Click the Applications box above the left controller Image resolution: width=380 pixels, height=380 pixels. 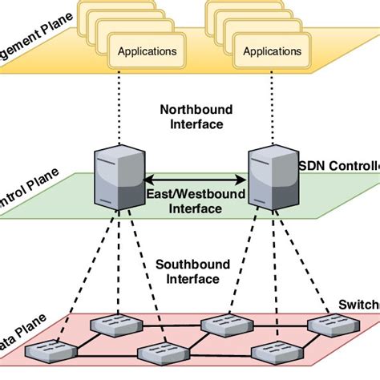point(147,51)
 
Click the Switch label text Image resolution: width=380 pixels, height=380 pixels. point(358,305)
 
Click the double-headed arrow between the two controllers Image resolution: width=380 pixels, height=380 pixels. point(195,180)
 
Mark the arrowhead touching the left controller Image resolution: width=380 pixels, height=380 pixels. point(149,180)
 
